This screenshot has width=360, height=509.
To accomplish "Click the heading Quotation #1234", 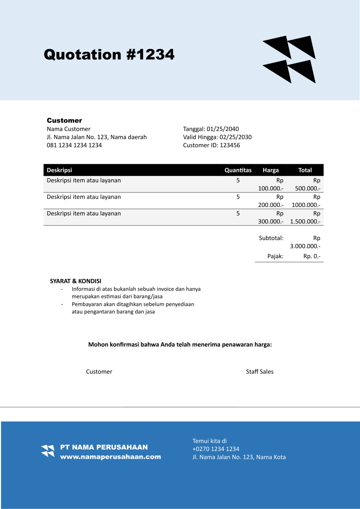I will click(x=109, y=55).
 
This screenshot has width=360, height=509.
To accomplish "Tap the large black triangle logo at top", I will click(x=289, y=59).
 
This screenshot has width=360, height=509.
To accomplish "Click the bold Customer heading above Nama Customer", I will click(x=64, y=121).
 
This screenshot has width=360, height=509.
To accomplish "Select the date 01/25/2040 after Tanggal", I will click(x=222, y=129).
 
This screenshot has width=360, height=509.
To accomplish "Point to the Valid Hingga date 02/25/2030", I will click(x=235, y=137).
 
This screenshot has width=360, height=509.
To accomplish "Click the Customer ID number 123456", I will click(x=230, y=145).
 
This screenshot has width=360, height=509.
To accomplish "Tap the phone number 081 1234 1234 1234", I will click(x=74, y=145).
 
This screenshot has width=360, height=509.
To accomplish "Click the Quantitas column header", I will click(x=238, y=170).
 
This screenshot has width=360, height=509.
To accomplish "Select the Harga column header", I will click(x=270, y=170).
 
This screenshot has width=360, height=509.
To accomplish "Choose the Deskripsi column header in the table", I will click(x=59, y=170).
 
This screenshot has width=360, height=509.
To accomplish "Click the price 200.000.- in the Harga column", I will click(x=270, y=205).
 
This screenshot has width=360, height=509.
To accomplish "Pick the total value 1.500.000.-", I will click(x=305, y=221).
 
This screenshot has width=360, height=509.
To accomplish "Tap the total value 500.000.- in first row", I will click(x=307, y=188).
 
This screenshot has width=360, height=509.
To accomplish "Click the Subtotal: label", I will click(x=271, y=238).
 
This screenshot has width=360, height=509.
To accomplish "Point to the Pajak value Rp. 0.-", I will click(x=312, y=256).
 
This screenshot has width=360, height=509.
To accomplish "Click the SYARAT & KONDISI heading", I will click(x=76, y=281).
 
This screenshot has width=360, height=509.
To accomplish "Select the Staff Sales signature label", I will click(x=260, y=371).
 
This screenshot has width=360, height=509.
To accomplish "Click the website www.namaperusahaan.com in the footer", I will click(x=110, y=457).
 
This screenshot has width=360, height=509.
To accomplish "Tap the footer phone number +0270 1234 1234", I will click(x=216, y=449).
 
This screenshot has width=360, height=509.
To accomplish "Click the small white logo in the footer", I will click(x=48, y=451).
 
